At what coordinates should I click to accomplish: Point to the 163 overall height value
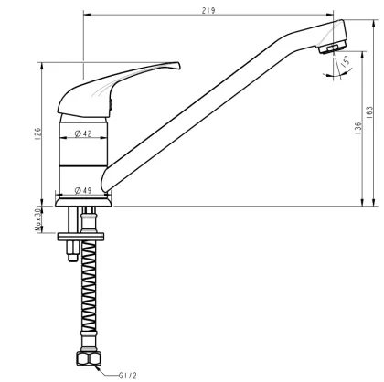click(x=370, y=111)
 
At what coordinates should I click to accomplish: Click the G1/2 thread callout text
click(x=128, y=374)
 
